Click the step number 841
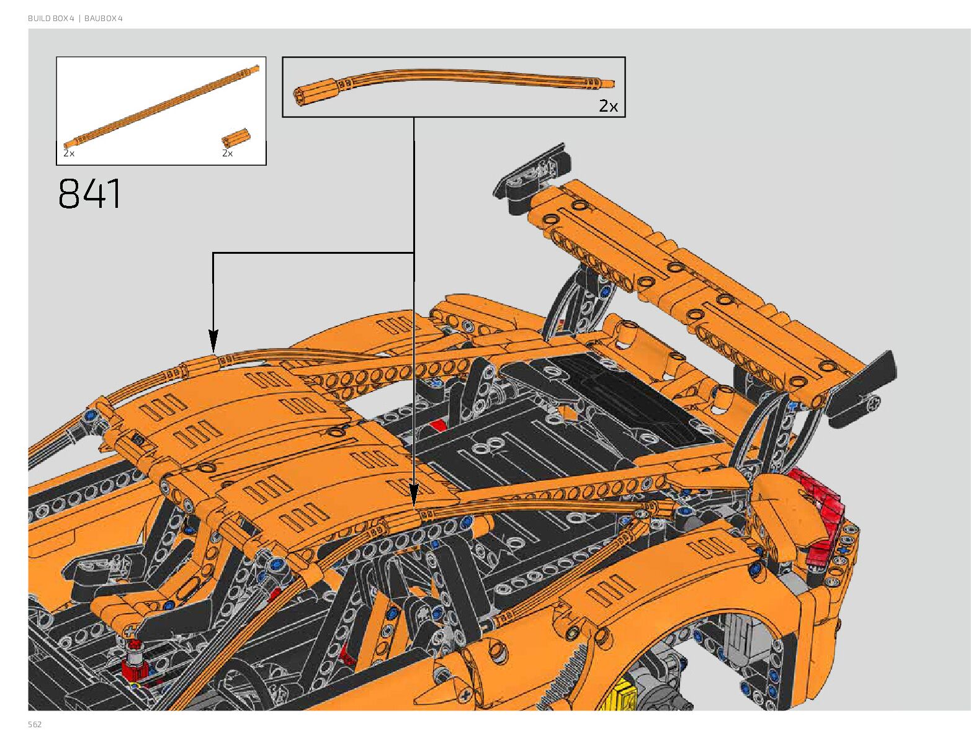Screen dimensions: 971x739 coord(89,194)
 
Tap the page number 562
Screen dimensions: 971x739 coord(35,724)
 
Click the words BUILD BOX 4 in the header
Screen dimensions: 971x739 coord(51,19)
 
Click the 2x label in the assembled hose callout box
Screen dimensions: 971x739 coord(608,106)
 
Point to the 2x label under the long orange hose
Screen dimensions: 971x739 coord(69,153)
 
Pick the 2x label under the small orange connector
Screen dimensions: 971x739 coord(228,153)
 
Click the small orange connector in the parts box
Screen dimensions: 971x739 coord(236,138)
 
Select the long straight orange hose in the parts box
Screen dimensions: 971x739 coord(161,105)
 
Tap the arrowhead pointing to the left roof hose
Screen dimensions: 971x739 coord(213,341)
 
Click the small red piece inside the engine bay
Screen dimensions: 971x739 coord(438,426)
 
